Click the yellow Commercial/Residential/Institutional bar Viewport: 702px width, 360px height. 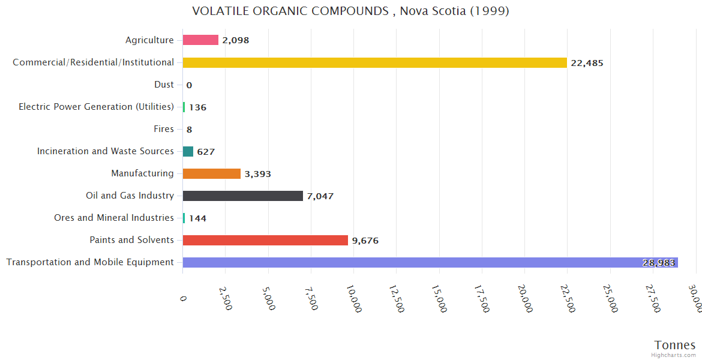coord(374,62)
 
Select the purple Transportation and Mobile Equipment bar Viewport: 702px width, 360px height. coord(430,262)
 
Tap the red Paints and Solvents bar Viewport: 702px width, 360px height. coord(265,240)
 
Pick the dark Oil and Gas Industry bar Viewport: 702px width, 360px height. coord(242,196)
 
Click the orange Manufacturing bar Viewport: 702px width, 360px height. coord(211,173)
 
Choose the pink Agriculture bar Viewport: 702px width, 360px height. coord(200,40)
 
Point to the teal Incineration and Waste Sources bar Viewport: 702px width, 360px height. coord(188,151)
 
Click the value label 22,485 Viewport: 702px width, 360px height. coord(587,63)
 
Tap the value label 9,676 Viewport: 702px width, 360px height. coord(365,241)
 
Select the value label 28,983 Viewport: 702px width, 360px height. coord(659,263)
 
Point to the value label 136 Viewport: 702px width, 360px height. coord(197,107)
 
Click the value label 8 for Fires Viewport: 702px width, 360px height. coord(189,130)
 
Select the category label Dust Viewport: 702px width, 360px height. coord(164,85)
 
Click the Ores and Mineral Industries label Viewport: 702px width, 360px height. coord(114,218)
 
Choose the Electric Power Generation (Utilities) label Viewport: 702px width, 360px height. coord(96,107)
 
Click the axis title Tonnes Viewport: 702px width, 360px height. coord(675,345)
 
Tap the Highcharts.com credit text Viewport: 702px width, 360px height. coord(674,355)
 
